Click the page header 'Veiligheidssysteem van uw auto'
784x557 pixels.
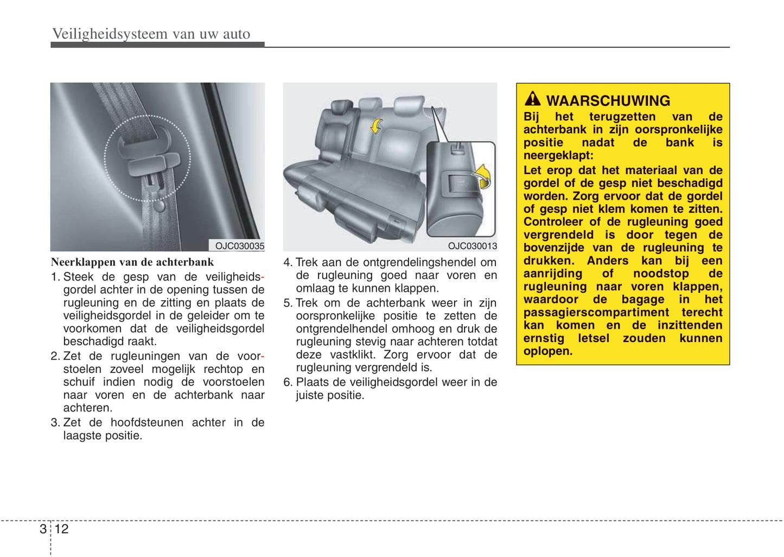click(x=151, y=34)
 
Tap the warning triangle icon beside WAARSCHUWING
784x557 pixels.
click(x=532, y=99)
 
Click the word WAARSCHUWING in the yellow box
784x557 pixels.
click(x=608, y=100)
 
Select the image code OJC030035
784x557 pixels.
click(x=239, y=246)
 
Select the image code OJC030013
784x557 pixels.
click(x=472, y=246)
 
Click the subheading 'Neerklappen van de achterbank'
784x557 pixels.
click(x=132, y=262)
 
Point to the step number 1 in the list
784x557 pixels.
click(x=55, y=277)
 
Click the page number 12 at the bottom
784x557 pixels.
click(x=61, y=529)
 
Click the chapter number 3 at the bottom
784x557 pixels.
click(x=43, y=529)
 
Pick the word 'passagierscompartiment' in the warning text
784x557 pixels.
click(x=596, y=313)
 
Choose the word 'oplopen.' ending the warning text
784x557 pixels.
click(x=548, y=351)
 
